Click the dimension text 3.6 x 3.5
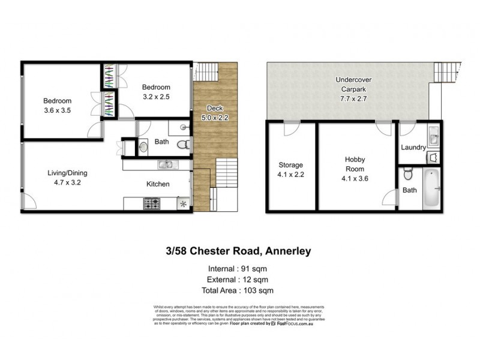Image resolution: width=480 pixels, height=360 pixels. point(57,110)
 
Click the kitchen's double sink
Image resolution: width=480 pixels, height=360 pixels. point(166,164)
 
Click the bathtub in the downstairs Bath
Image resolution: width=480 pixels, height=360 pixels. point(431,188)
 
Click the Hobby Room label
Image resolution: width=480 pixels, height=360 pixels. point(355,164)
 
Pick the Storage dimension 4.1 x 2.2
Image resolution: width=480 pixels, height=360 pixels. point(291,175)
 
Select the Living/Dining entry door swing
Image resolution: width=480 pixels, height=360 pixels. point(29,203)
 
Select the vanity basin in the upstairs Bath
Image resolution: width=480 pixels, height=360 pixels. point(142,145)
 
